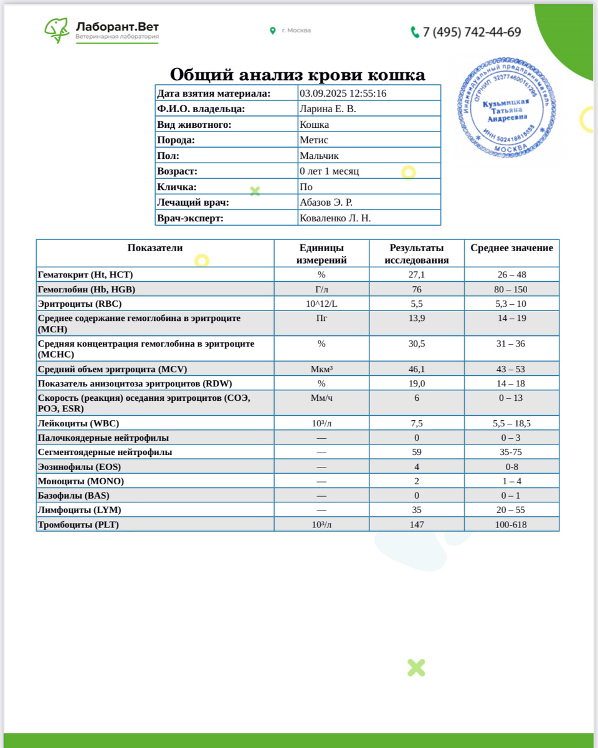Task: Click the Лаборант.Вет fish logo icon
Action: [57, 29]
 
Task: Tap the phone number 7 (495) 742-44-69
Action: [472, 32]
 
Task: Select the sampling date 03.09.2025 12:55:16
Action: [343, 93]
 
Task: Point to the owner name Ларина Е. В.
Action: [328, 109]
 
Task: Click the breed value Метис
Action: [314, 140]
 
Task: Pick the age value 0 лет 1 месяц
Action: [329, 171]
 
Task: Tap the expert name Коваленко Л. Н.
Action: [335, 218]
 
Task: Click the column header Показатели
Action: [155, 248]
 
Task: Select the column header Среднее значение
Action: [511, 248]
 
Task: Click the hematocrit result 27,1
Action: [416, 275]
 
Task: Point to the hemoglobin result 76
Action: [416, 290]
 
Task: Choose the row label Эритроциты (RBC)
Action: [80, 304]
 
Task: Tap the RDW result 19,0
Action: [416, 384]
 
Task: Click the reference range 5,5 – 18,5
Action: [511, 424]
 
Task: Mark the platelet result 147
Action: [416, 525]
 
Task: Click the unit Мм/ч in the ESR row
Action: [321, 398]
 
